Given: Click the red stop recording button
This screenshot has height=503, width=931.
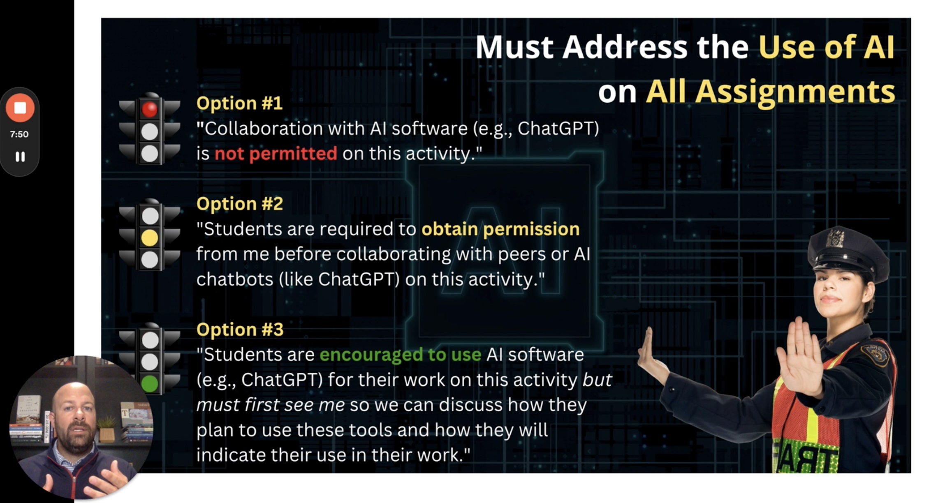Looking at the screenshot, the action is (x=20, y=108).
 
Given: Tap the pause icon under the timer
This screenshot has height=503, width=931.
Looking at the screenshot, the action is (x=20, y=157).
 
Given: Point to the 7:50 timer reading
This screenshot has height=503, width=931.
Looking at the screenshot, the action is (x=19, y=134).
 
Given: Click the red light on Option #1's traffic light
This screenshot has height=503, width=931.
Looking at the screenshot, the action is (x=149, y=109).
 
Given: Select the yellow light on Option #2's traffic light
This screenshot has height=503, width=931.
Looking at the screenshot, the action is (x=149, y=238).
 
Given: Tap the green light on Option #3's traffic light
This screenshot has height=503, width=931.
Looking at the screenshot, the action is (x=149, y=384).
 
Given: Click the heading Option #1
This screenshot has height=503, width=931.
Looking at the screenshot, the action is (x=239, y=103).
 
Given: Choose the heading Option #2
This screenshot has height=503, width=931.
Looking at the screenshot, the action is (x=240, y=204).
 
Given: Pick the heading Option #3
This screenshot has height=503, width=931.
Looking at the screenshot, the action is (x=240, y=330).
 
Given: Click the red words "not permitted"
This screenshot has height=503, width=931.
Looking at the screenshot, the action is (x=276, y=154).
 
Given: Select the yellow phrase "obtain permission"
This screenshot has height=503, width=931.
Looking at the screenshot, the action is (x=500, y=229).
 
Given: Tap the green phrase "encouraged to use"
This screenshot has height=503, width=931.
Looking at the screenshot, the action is (x=401, y=355).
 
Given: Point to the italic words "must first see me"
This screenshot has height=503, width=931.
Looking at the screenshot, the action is (x=270, y=405).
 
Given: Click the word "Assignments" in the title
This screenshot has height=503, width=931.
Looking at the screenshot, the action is (x=771, y=92).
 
